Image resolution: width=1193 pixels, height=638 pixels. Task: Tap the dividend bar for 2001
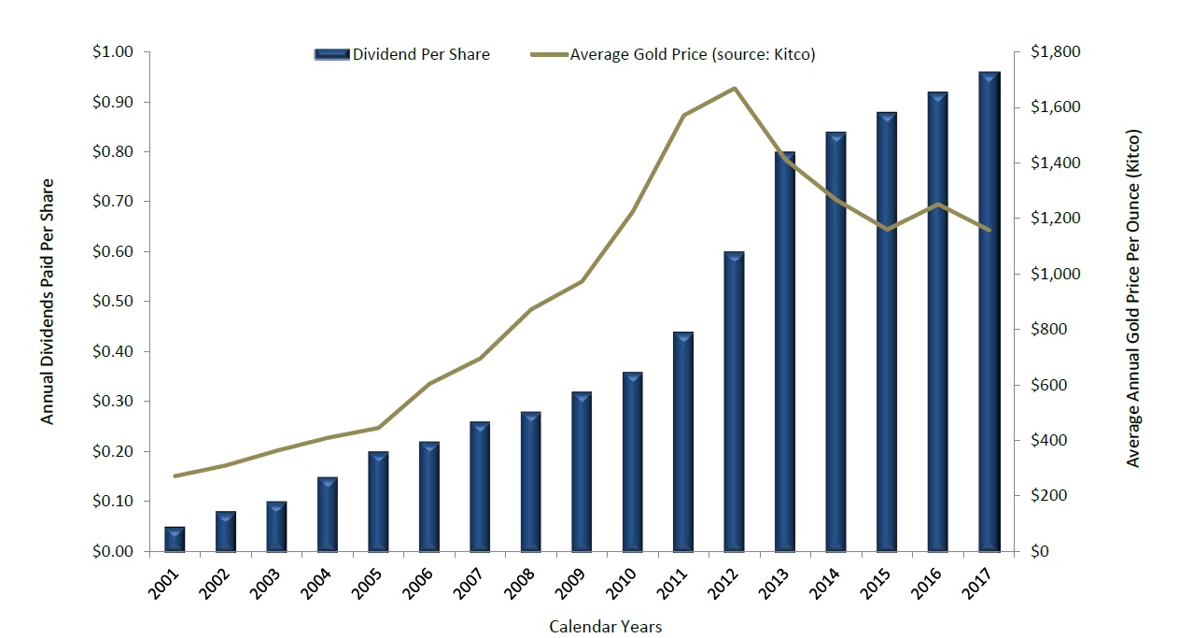[175, 539]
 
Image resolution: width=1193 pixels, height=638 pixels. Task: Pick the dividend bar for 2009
[582, 472]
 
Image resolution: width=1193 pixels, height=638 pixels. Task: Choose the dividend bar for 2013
[785, 351]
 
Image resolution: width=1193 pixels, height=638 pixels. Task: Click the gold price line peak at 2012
[735, 89]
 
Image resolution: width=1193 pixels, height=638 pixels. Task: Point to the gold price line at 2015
[888, 229]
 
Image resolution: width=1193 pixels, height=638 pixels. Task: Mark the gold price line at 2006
[429, 384]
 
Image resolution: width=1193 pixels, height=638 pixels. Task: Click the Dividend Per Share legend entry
[401, 54]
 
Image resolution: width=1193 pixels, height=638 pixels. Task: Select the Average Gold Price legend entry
[672, 54]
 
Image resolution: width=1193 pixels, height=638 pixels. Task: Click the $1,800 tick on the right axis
[1054, 52]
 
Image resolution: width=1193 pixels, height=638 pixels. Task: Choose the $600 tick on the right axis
[1048, 385]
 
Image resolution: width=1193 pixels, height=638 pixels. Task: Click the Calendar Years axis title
[605, 626]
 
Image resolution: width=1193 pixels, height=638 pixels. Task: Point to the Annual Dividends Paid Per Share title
[48, 301]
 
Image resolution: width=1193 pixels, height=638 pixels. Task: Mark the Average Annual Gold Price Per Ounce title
[1133, 298]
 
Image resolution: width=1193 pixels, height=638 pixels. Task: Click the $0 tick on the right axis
[1039, 551]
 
